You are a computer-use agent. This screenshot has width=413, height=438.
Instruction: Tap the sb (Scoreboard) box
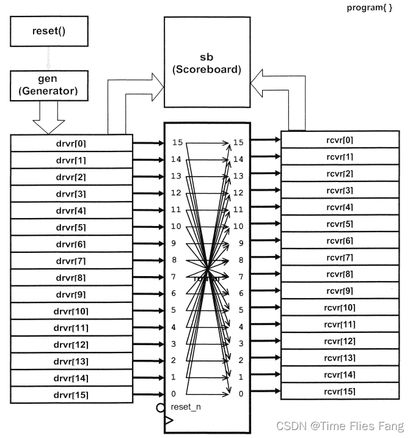click(x=206, y=64)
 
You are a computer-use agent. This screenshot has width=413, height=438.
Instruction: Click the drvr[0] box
click(x=71, y=144)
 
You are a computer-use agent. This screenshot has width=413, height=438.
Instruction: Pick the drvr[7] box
click(x=71, y=261)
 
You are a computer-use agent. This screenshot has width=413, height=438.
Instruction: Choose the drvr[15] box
click(x=71, y=395)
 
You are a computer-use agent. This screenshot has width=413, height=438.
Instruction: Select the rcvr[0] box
click(x=340, y=140)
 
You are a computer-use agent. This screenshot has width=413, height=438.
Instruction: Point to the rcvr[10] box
click(x=340, y=307)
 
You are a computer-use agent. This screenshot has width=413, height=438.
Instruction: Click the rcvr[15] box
click(x=340, y=391)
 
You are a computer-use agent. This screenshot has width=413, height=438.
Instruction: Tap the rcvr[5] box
click(x=340, y=224)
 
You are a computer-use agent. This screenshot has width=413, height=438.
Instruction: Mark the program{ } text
click(x=370, y=7)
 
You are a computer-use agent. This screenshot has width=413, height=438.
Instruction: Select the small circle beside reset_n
click(x=161, y=407)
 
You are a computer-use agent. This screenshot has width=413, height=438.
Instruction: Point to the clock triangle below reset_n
click(x=169, y=421)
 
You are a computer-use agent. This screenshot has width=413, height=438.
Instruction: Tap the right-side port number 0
click(x=241, y=394)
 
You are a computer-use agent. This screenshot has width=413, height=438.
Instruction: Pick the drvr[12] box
click(x=71, y=345)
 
